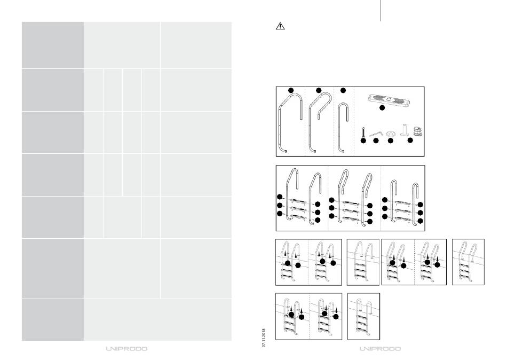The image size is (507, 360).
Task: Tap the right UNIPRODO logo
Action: pos(379,349)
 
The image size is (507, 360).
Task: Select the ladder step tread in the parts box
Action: pos(386,99)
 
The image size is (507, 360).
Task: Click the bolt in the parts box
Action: pos(363,131)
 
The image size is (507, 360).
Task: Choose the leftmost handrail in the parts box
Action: pos(291,123)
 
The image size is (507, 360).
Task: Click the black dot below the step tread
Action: pos(382,108)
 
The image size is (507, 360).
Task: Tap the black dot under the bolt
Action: pos(363,141)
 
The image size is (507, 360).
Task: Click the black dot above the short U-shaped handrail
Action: pos(343,90)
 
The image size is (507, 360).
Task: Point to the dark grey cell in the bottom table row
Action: pos(52,319)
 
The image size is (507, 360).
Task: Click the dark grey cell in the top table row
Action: pos(52,45)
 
